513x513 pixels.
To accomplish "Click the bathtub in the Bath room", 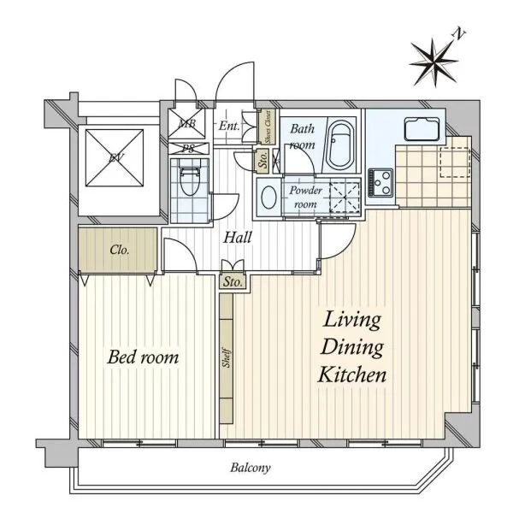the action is pos(340,144).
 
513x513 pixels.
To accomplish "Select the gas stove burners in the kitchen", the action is pos(380,182).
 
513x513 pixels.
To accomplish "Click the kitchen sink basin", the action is pos(422,129).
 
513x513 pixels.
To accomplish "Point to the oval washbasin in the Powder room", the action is pos(269,197).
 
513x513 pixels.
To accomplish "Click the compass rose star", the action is pos(433,62).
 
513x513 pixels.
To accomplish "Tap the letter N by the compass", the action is pos(459,33).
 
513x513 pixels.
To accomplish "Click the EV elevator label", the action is pos(115,158).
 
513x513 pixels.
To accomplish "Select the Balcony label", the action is pos(251,468).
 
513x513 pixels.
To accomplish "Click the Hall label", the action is pos(238,237).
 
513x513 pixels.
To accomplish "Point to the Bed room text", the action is pos(143,357).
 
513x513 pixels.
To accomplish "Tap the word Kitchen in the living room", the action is pos(352,374).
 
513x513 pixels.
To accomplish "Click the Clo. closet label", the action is pos(120,250).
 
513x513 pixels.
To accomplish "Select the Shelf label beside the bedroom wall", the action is pos(227,357).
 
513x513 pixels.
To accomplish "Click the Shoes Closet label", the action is pos(268,127).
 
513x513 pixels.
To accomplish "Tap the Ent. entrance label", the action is pos(229,126).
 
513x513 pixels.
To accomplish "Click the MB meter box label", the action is pos(187,124).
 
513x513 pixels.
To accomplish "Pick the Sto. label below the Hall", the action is pos(233,281).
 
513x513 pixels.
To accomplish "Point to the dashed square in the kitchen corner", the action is pos(455,162).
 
